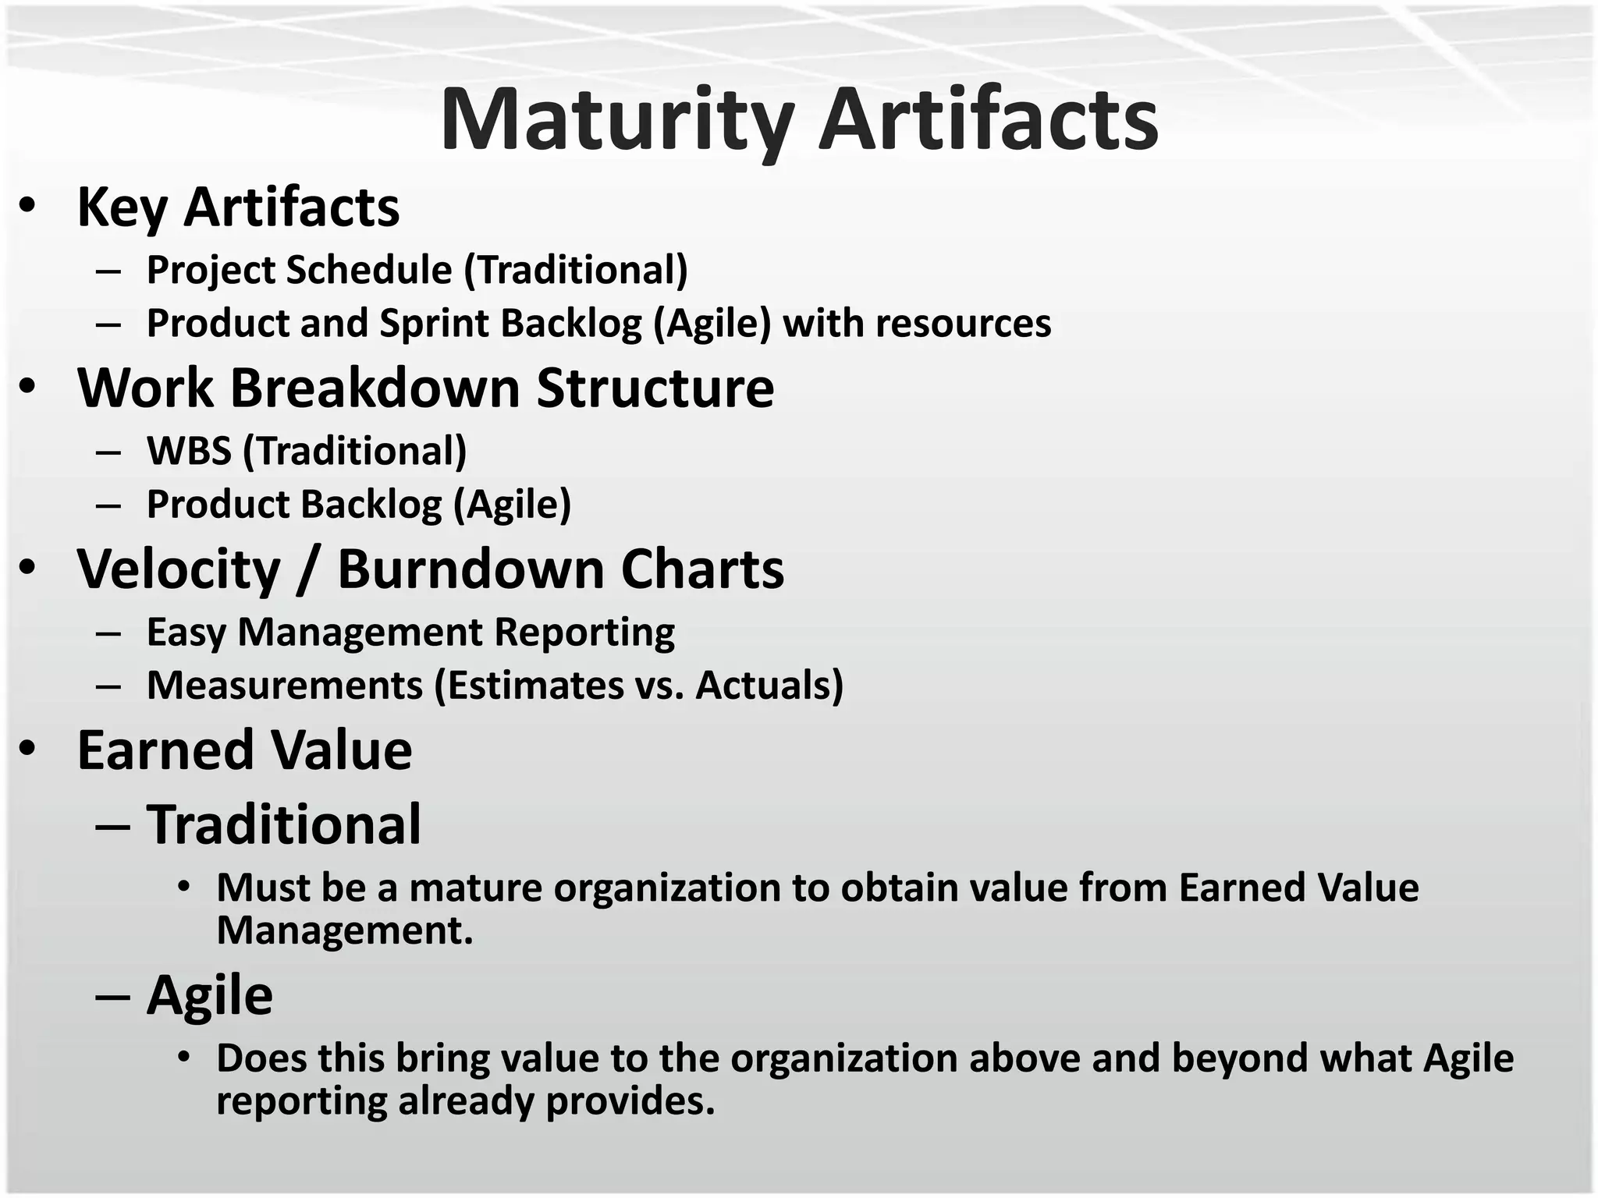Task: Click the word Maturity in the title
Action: click(616, 121)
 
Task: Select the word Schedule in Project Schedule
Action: click(369, 270)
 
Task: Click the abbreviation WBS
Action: click(189, 451)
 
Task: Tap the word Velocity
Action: click(179, 569)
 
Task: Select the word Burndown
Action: click(470, 569)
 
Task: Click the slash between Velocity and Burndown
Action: click(308, 571)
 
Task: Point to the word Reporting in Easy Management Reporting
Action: click(584, 632)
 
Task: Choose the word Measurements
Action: click(284, 686)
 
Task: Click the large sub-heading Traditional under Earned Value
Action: click(284, 824)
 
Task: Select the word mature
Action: click(475, 888)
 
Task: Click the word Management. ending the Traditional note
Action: click(344, 930)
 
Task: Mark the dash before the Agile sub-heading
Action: click(112, 998)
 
